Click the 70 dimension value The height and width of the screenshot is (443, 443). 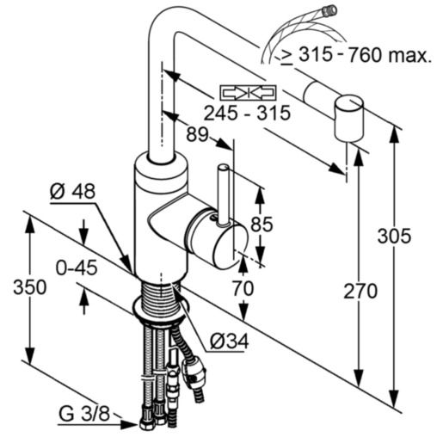tap(243, 289)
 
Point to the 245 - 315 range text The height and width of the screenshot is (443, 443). tap(247, 112)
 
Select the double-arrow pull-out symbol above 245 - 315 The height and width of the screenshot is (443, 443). tap(247, 91)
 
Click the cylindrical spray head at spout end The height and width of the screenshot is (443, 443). tap(348, 119)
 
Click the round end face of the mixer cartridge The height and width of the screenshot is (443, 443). tap(224, 244)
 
